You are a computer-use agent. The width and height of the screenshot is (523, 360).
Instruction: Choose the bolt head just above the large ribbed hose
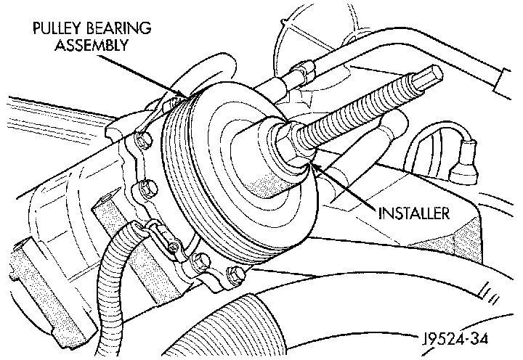234,274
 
